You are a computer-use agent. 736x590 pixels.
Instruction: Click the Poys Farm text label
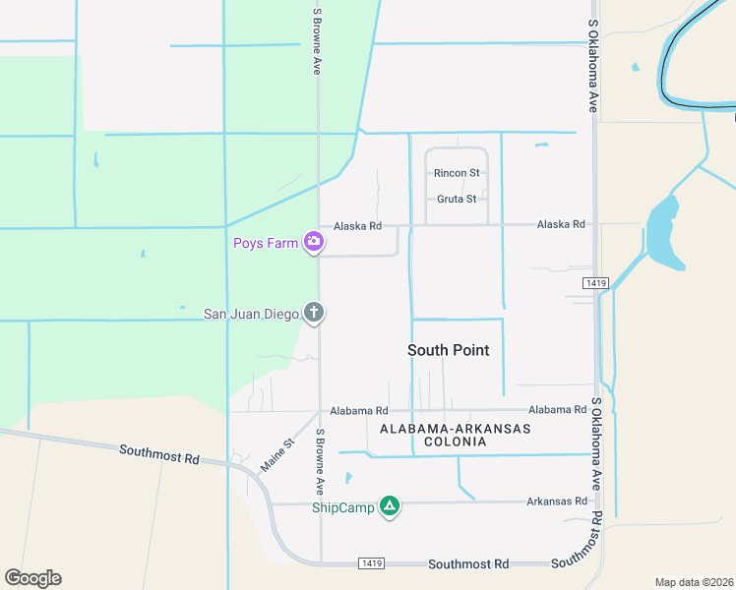point(265,243)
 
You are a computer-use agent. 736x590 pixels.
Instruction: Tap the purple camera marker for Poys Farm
point(314,241)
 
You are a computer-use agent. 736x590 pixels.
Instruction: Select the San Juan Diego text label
point(251,315)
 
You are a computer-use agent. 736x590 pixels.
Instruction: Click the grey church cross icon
point(314,313)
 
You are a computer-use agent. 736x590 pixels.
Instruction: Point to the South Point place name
point(448,350)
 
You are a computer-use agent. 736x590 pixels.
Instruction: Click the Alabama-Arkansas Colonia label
point(455,435)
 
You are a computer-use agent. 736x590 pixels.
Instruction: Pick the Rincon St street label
point(457,173)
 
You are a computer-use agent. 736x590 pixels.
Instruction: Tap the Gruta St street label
point(457,199)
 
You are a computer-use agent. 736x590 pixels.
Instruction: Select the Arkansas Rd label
point(556,501)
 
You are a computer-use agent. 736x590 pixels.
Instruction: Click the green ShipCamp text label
point(343,507)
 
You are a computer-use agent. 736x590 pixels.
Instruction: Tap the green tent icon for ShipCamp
point(390,506)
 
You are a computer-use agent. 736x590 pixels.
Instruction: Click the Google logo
point(32,578)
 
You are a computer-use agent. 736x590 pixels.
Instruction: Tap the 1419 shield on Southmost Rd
point(372,564)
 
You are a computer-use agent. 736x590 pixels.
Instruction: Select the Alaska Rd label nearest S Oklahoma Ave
point(561,224)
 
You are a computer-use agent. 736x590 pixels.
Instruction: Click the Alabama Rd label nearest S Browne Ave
point(359,410)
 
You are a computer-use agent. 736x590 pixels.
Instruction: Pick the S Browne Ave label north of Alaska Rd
point(317,41)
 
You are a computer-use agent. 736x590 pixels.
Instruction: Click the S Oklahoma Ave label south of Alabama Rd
point(595,444)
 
